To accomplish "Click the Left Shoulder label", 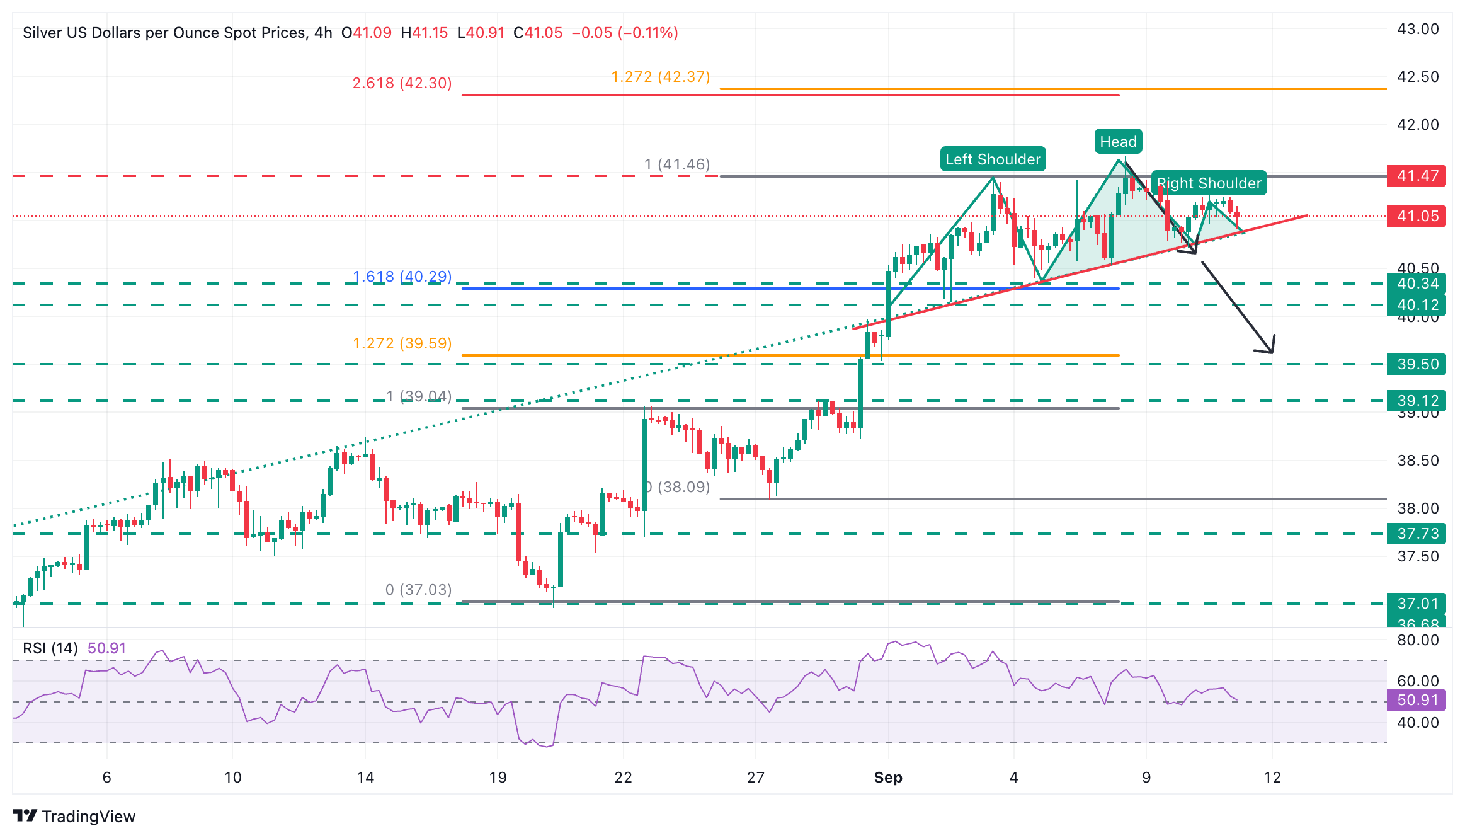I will pyautogui.click(x=993, y=159).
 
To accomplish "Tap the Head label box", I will pyautogui.click(x=1118, y=142).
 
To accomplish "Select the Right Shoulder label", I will pyautogui.click(x=1209, y=183).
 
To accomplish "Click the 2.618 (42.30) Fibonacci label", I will pyautogui.click(x=402, y=83).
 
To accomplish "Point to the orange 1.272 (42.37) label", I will pyautogui.click(x=660, y=77).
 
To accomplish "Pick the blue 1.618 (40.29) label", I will pyautogui.click(x=402, y=277).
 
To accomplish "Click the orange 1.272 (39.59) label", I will pyautogui.click(x=402, y=343).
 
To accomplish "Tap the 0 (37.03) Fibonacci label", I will pyautogui.click(x=418, y=590).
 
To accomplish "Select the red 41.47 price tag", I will pyautogui.click(x=1417, y=176).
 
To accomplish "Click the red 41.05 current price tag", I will pyautogui.click(x=1417, y=216).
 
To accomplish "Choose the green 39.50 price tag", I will pyautogui.click(x=1417, y=364).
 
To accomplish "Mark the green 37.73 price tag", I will pyautogui.click(x=1417, y=534).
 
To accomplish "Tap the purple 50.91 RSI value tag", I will pyautogui.click(x=1417, y=700).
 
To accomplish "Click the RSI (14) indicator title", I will pyautogui.click(x=50, y=648).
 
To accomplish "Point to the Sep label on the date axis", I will pyautogui.click(x=888, y=778).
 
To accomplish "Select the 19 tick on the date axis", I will pyautogui.click(x=498, y=778).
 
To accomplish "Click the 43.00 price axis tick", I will pyautogui.click(x=1418, y=29).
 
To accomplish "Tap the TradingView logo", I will pyautogui.click(x=74, y=817).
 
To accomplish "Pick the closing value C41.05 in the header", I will pyautogui.click(x=538, y=33).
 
